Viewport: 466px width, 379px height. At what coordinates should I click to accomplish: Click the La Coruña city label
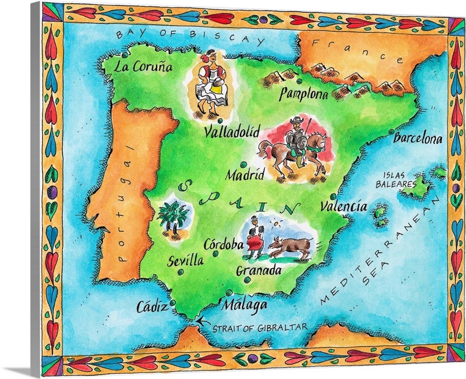coord(144,66)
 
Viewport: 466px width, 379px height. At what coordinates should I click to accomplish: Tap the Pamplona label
coord(303,94)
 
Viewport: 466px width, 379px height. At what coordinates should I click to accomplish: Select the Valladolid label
coord(232,133)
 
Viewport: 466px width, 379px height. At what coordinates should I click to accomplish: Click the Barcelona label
coord(418,139)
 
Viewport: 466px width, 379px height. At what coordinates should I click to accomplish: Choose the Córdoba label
coord(224,245)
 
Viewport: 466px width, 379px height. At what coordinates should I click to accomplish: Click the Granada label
coord(259,271)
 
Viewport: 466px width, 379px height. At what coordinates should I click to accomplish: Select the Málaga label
coord(245,304)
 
